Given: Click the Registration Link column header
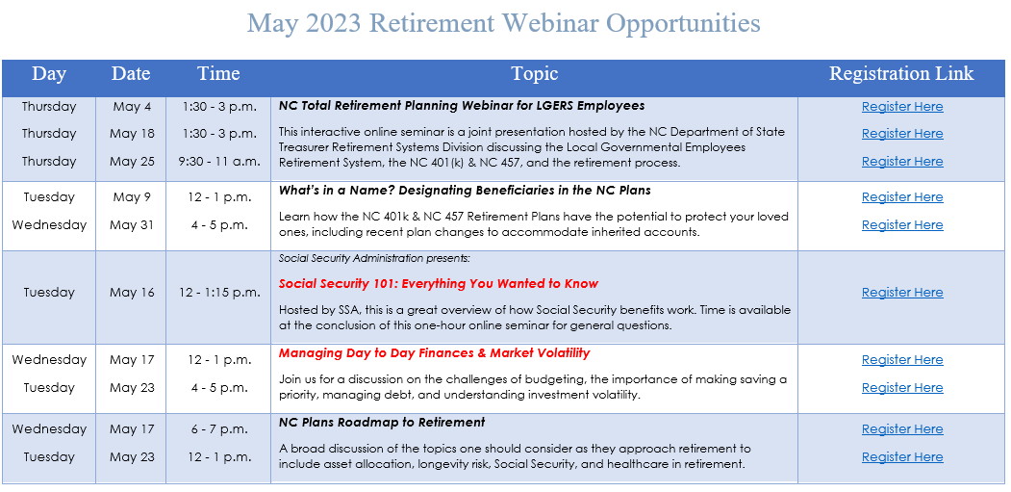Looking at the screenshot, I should [x=901, y=74].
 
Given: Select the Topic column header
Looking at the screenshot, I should [x=534, y=74].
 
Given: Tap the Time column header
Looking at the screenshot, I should [x=218, y=74].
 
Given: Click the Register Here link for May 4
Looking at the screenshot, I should [x=901, y=107].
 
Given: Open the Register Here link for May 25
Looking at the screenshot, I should [x=901, y=162].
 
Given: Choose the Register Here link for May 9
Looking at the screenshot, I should [x=901, y=197].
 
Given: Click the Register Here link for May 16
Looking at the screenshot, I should [x=901, y=293].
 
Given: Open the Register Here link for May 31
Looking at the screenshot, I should [x=901, y=225].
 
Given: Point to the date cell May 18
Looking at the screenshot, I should [x=132, y=134].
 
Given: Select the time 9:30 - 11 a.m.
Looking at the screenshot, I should [x=218, y=162].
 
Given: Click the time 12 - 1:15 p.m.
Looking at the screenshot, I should [x=218, y=293].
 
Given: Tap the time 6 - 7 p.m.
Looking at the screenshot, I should [x=218, y=429].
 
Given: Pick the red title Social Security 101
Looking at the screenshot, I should [x=438, y=284].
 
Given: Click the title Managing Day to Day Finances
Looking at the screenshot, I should [x=434, y=353].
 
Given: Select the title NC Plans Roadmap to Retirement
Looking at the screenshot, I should [x=382, y=423].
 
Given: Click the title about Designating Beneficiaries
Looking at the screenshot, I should [x=465, y=191].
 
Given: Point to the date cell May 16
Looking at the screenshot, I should [x=132, y=293].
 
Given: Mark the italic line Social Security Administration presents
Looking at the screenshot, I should [x=374, y=258].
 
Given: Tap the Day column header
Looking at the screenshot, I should [x=49, y=74].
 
